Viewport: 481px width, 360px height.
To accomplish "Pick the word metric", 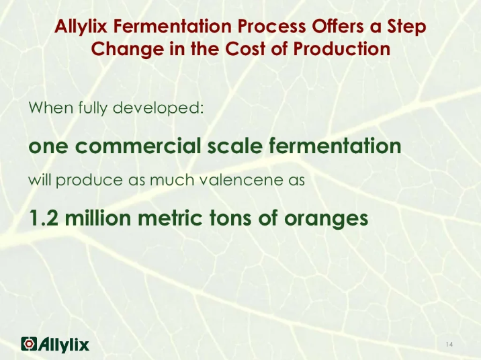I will tap(179, 218).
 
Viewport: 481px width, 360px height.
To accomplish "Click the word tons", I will tap(242, 218).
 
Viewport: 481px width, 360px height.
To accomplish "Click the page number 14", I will tap(449, 345).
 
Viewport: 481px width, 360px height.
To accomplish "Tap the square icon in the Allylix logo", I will tap(30, 344).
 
